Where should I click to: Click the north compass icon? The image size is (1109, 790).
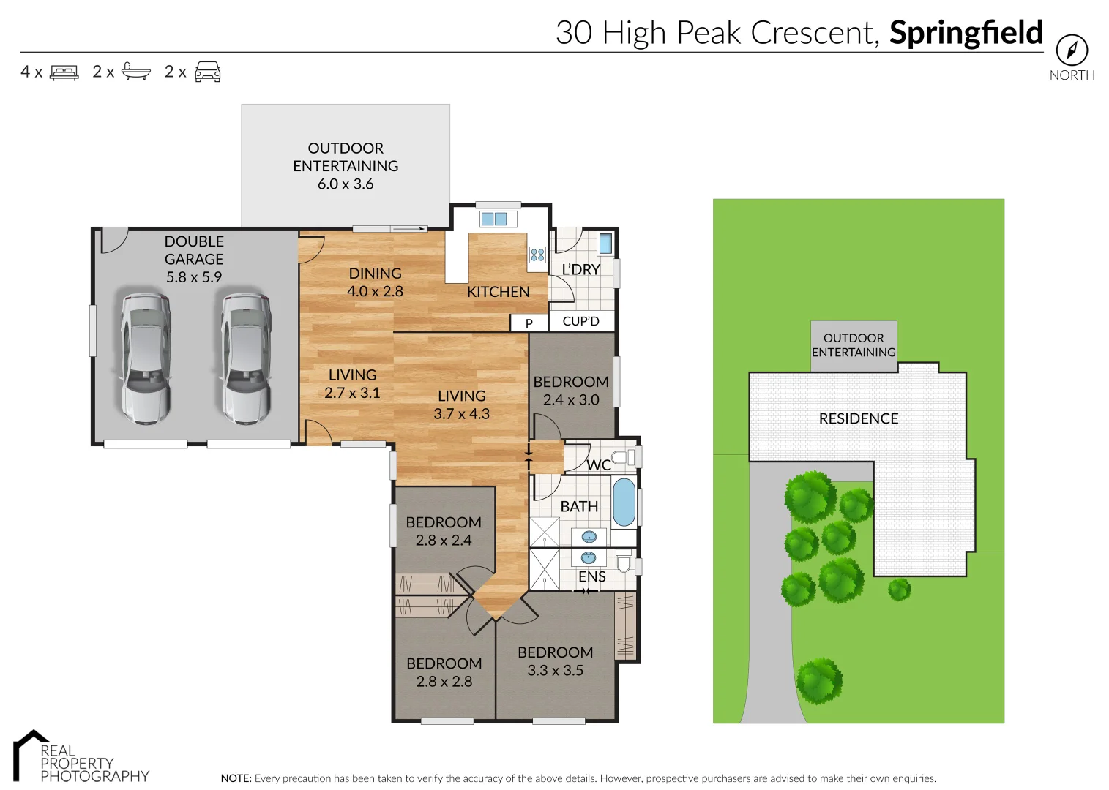1072,50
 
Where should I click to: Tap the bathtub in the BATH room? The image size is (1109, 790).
624,502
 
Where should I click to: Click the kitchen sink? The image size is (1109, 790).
494,219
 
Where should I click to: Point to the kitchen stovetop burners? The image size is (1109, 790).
537,255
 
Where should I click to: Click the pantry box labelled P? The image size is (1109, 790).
529,323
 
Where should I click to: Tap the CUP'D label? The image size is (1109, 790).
580,321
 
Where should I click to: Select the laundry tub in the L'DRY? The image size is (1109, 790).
605,244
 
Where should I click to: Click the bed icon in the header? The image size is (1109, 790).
64,72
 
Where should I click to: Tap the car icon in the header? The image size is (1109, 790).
208,72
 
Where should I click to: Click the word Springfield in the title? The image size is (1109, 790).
966,33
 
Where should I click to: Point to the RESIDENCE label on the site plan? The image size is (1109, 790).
859,418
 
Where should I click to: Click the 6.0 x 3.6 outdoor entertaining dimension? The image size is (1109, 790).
346,184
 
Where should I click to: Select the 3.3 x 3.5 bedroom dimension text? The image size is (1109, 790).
556,670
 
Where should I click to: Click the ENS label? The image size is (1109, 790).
592,576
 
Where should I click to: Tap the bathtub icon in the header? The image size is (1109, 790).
136,71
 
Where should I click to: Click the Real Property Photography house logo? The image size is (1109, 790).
30,755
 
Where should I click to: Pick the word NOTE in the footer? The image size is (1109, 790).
236,778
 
